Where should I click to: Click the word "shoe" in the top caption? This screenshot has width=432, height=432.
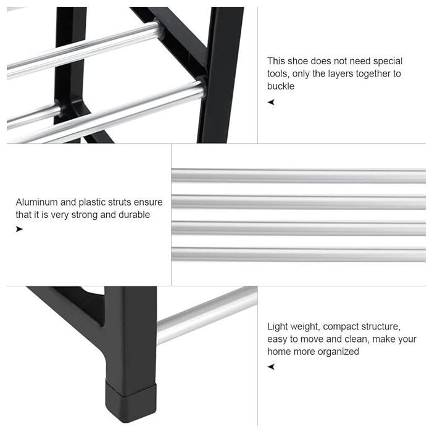pyautogui.click(x=298, y=61)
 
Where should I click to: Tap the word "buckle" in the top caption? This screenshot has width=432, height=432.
pyautogui.click(x=280, y=86)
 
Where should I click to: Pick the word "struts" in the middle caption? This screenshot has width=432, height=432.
pyautogui.click(x=120, y=202)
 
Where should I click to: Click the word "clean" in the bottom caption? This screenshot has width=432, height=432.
pyautogui.click(x=357, y=339)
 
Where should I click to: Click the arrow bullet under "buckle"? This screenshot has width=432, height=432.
pyautogui.click(x=271, y=102)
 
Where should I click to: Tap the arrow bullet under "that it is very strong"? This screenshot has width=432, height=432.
pyautogui.click(x=19, y=229)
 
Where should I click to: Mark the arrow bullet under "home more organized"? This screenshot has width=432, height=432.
pyautogui.click(x=271, y=367)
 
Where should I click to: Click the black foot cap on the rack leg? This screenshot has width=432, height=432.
pyautogui.click(x=131, y=402)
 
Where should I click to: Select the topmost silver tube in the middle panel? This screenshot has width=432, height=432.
pyautogui.click(x=298, y=176)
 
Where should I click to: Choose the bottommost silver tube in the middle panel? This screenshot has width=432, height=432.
pyautogui.click(x=298, y=254)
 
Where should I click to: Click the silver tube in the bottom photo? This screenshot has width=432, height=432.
pyautogui.click(x=207, y=315)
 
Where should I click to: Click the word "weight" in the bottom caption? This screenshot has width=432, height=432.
pyautogui.click(x=305, y=326)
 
